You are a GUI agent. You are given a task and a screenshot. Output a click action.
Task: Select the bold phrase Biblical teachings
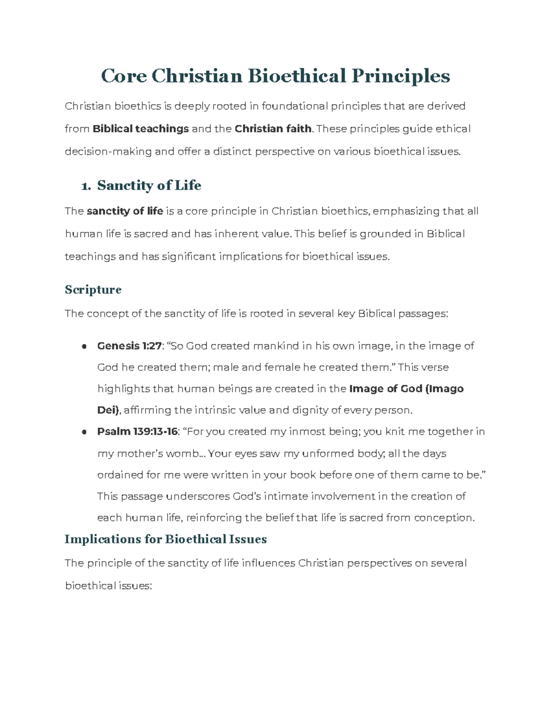click(141, 129)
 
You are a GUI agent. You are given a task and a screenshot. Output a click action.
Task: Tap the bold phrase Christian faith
click(273, 129)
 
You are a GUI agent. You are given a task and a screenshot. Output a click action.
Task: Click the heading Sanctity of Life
click(149, 185)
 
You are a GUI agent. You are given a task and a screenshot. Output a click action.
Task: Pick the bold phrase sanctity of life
click(125, 211)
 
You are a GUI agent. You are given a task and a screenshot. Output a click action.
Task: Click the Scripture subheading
click(93, 290)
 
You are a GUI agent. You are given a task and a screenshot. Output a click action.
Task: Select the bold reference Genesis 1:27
click(129, 346)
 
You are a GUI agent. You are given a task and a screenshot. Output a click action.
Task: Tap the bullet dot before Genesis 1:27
click(84, 347)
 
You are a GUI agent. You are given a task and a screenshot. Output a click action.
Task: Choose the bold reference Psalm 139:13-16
click(137, 432)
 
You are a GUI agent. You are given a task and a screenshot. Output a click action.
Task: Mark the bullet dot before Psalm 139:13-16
click(84, 432)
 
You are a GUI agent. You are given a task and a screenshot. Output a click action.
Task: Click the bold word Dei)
click(108, 410)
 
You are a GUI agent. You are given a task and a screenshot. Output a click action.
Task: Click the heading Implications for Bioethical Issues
click(166, 539)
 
